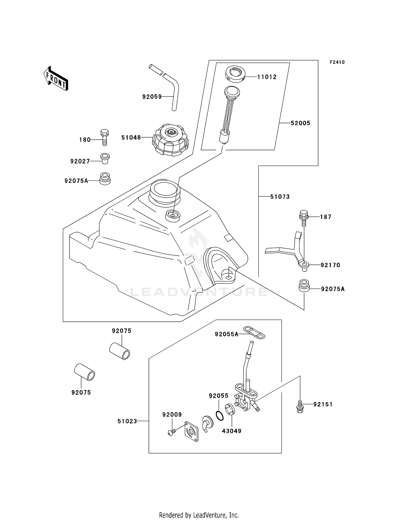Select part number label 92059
[x=152, y=97]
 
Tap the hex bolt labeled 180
[x=105, y=137]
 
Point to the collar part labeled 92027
[x=105, y=158]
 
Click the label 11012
[x=267, y=77]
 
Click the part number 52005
[x=300, y=123]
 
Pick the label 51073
[x=280, y=196]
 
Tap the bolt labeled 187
[x=304, y=218]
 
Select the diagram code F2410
[x=337, y=62]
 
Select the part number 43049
[x=232, y=431]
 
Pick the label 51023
[x=127, y=421]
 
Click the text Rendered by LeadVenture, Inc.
[x=199, y=515]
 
